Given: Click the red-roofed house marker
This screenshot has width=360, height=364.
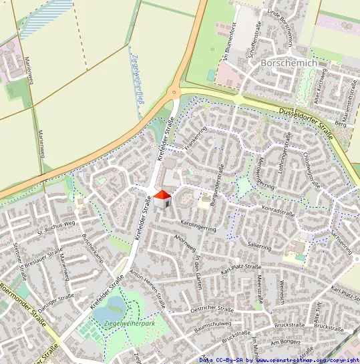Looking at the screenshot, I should pos(162,198).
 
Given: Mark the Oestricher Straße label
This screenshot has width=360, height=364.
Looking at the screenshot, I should pos(212,309).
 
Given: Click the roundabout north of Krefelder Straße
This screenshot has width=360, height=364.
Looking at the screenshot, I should pos(175,94).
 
